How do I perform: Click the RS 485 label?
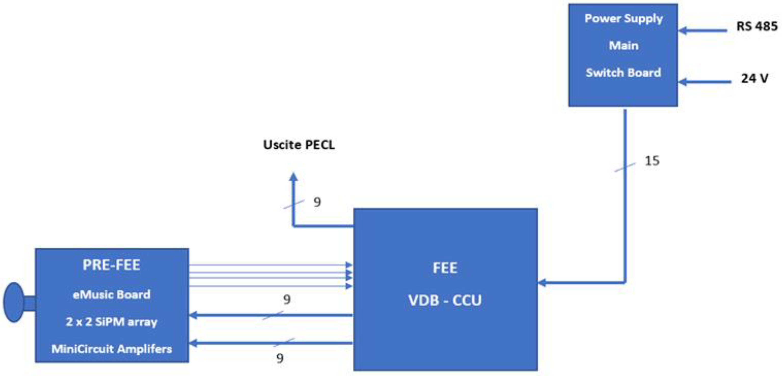(757, 26)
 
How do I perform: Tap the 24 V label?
(754, 78)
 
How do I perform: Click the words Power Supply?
(624, 19)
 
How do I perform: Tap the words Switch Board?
(623, 73)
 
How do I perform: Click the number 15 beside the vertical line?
(652, 161)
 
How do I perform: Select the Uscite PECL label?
(299, 145)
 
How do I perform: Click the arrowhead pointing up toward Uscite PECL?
(293, 177)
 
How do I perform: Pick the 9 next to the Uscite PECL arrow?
(317, 202)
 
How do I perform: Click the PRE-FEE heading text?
(111, 265)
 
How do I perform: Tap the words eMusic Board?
(111, 294)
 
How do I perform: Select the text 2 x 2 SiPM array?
(111, 322)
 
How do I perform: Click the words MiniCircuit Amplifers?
(111, 349)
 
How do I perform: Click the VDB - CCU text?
(445, 300)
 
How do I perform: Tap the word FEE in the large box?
(445, 268)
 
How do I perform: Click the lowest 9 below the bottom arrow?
(280, 358)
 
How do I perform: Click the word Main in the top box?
(624, 46)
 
